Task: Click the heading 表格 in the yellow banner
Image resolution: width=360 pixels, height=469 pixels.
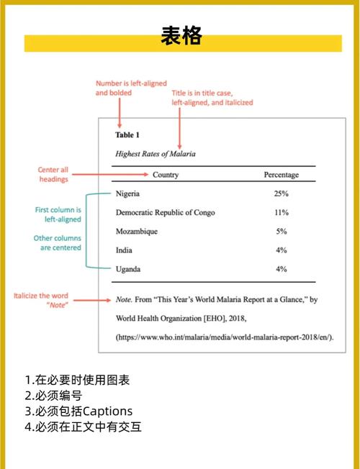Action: pyautogui.click(x=180, y=35)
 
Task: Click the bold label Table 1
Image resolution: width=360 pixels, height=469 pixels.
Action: pyautogui.click(x=127, y=135)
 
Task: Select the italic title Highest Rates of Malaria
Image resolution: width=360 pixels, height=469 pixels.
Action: pyautogui.click(x=156, y=153)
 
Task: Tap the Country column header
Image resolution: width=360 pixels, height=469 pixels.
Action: pyautogui.click(x=166, y=175)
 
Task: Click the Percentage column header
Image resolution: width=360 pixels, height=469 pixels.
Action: pyautogui.click(x=281, y=175)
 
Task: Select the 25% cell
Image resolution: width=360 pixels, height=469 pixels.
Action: pyautogui.click(x=281, y=193)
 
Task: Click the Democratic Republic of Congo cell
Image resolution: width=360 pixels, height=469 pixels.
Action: pyautogui.click(x=165, y=212)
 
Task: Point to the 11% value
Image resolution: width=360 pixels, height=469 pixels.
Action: pyautogui.click(x=281, y=212)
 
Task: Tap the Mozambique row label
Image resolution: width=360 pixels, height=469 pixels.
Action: pyautogui.click(x=137, y=231)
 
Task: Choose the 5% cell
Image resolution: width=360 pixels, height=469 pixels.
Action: pyautogui.click(x=281, y=231)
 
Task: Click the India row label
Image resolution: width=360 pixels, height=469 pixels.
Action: pyautogui.click(x=124, y=250)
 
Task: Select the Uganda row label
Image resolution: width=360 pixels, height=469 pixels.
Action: pyautogui.click(x=128, y=269)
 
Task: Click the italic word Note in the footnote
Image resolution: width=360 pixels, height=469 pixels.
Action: pyautogui.click(x=124, y=299)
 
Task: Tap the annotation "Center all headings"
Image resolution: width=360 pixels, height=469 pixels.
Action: pyautogui.click(x=53, y=175)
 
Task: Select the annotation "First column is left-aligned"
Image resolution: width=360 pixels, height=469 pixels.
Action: pyautogui.click(x=58, y=214)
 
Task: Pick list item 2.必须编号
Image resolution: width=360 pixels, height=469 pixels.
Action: pyautogui.click(x=53, y=396)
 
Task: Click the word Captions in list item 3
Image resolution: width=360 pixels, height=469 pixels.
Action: pyautogui.click(x=109, y=411)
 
